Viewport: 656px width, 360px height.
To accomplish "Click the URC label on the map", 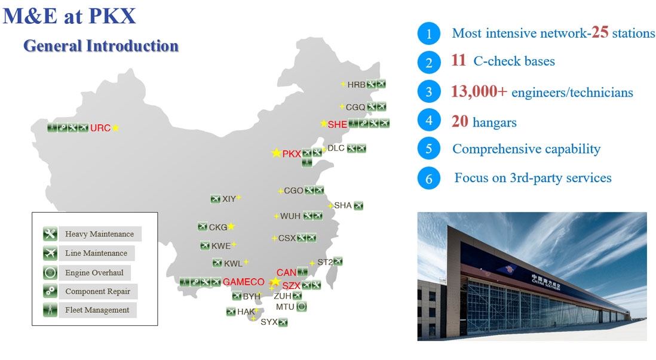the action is tap(100, 128).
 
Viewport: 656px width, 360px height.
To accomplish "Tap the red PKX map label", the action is tap(292, 154).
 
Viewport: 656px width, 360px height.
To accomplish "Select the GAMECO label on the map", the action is tap(244, 282).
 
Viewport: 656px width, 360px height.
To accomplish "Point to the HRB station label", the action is tap(357, 84).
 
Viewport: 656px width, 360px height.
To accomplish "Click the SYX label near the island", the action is tap(269, 322).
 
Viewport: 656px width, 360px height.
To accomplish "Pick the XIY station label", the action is tap(229, 199).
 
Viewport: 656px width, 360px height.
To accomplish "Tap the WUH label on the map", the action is tap(290, 216).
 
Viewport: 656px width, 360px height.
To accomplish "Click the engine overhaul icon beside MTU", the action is tap(302, 306).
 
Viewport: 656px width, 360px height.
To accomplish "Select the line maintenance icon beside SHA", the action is tap(358, 205).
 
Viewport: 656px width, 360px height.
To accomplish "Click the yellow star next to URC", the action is tap(115, 128).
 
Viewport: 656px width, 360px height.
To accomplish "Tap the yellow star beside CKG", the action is tap(231, 227).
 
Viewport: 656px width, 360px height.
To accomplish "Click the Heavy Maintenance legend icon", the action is tap(50, 233).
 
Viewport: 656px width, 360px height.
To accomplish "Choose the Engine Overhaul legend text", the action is tap(94, 273).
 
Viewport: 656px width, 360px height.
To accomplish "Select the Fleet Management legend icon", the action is tap(50, 310).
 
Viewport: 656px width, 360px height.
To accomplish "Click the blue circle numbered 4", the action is tap(429, 121).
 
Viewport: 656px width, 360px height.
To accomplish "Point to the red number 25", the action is tap(600, 32).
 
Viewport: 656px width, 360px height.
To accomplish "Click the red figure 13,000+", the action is tap(479, 91).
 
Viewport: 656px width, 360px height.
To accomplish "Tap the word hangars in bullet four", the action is tap(495, 122).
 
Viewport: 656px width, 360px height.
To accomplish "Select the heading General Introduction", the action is tap(101, 45).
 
